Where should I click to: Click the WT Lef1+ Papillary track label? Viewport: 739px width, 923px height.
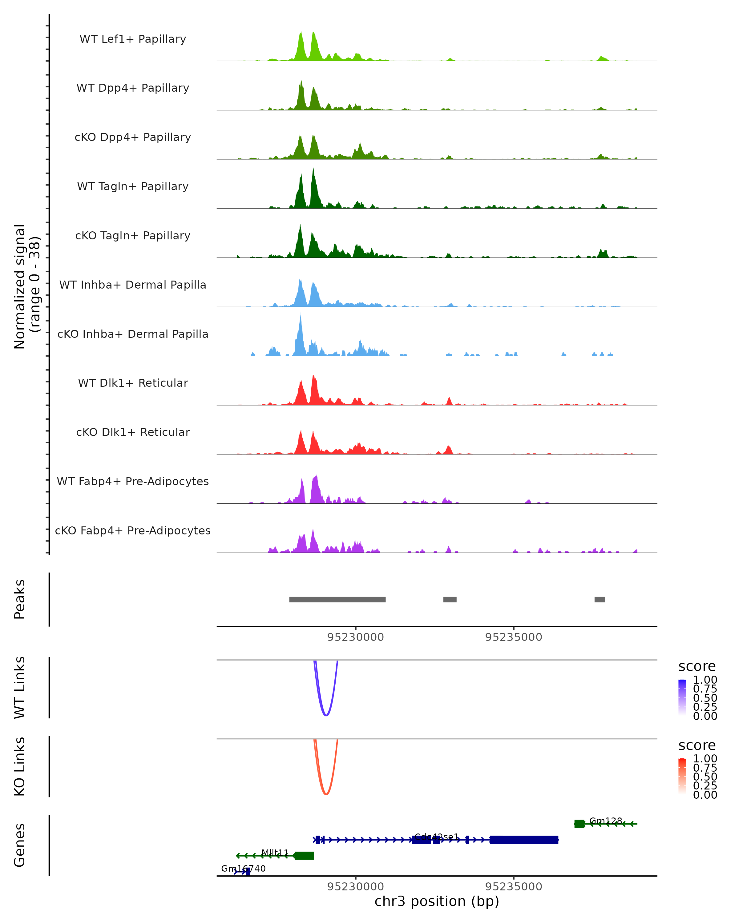133,39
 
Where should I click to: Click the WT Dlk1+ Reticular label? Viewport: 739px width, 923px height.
133,383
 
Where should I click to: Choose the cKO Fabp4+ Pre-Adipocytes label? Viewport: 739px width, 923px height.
133,530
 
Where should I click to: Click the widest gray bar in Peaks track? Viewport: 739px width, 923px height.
337,599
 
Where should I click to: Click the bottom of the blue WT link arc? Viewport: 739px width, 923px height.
326,715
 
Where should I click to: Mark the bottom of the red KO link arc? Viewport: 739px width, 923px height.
326,794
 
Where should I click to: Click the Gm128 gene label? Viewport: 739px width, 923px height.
605,821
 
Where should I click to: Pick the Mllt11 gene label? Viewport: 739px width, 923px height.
275,852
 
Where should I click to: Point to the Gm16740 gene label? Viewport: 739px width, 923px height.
243,868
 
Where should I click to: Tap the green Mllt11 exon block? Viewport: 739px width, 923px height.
304,855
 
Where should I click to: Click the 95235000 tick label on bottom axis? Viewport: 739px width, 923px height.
513,886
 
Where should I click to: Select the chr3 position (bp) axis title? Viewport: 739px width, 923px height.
437,901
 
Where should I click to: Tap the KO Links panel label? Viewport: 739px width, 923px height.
20,766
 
